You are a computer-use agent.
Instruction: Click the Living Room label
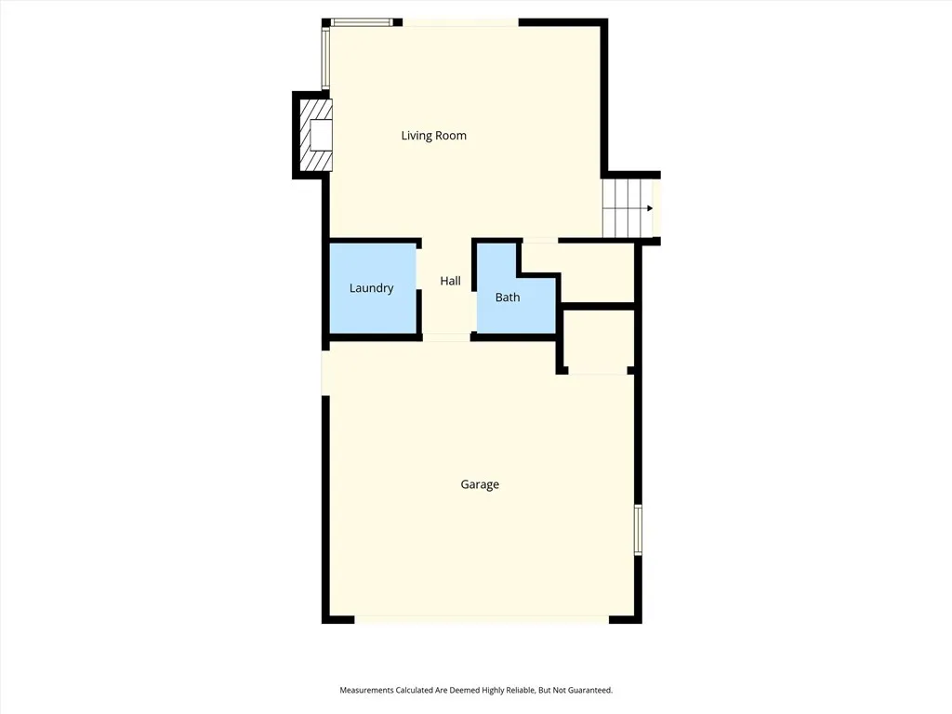433,136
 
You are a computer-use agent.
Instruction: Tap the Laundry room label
371,288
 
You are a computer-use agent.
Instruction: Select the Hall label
450,281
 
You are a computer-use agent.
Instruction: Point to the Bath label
508,297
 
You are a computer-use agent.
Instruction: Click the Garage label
480,484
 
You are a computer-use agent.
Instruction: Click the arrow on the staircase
649,208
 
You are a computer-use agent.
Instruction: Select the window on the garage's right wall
638,530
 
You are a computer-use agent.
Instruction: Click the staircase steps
623,208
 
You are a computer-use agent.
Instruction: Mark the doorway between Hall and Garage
446,337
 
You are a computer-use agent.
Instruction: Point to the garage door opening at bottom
481,619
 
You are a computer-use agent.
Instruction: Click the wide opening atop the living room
460,22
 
